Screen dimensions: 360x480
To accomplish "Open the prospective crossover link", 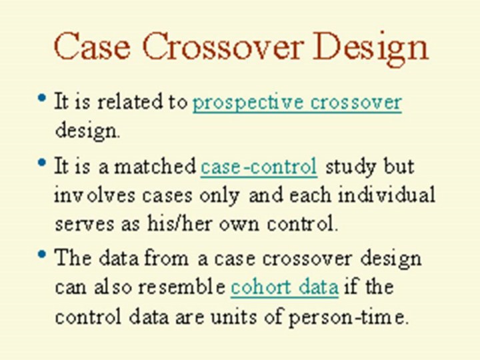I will coord(297,103).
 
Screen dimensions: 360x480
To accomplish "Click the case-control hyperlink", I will coord(259,167).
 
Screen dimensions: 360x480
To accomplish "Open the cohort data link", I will coord(285,287).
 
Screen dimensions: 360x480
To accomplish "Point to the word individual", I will coord(386,195).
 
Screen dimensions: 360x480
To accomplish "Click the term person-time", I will coord(346,317).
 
